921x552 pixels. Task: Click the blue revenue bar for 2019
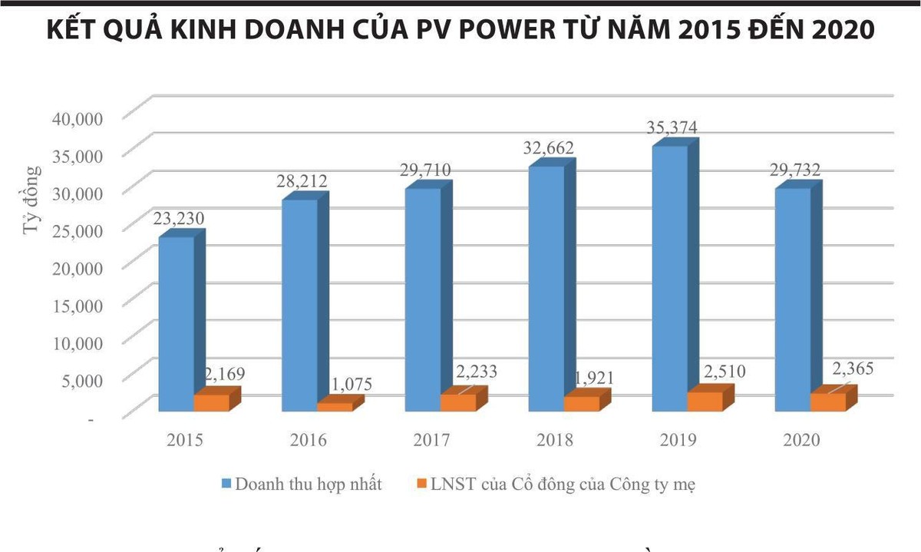(x=669, y=276)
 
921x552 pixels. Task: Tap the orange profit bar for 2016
(x=335, y=406)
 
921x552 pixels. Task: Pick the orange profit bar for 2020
(x=828, y=402)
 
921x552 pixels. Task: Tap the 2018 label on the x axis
(x=555, y=441)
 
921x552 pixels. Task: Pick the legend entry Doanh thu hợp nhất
(x=309, y=484)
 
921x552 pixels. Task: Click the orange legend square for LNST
(x=420, y=484)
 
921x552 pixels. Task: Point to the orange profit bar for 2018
(x=582, y=403)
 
